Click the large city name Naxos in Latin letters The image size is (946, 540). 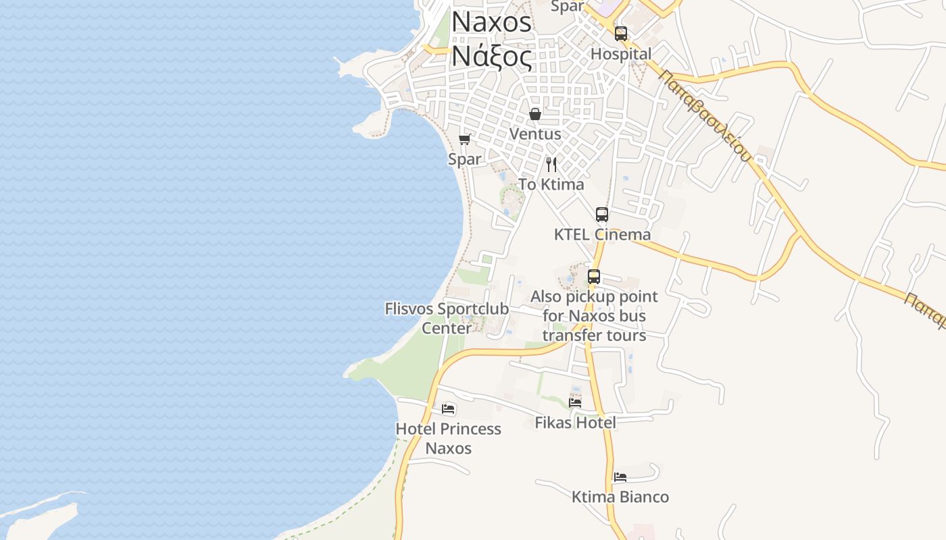tap(491, 22)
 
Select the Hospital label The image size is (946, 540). tap(621, 54)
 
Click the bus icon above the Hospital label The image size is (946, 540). tap(621, 33)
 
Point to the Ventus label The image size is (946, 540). tap(535, 134)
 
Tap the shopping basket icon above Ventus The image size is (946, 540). tap(535, 113)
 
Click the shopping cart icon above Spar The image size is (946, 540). tap(464, 139)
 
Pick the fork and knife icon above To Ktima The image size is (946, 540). tap(551, 164)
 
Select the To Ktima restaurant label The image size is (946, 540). tap(551, 184)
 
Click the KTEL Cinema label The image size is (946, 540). tap(602, 234)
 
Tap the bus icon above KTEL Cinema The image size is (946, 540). tap(602, 215)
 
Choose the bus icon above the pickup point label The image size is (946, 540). tap(594, 276)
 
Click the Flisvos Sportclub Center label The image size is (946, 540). tap(447, 319)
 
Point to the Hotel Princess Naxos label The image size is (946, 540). tap(448, 438)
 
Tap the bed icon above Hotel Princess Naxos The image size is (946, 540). tap(448, 408)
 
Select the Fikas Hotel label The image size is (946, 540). tap(575, 423)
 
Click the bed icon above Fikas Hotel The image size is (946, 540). tap(575, 402)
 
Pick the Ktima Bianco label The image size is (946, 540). tap(620, 497)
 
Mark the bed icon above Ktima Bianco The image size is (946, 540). tap(620, 477)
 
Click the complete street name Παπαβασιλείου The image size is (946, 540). tap(705, 115)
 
